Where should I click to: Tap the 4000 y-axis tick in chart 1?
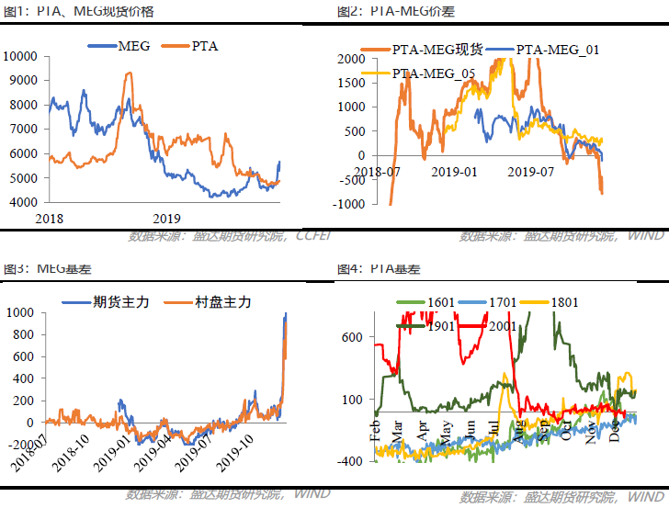(22, 202)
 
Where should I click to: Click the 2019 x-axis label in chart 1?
(166, 219)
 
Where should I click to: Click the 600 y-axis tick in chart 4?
(352, 337)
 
